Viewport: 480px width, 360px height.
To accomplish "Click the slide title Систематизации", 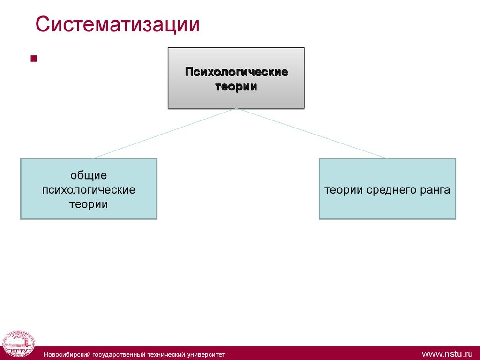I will [x=118, y=25].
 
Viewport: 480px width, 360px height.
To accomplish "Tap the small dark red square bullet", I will [x=33, y=59].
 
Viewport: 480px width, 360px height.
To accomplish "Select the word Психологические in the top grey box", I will [x=236, y=72].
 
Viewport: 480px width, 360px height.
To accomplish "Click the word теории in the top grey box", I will [x=236, y=87].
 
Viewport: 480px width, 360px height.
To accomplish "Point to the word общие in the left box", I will [x=89, y=175].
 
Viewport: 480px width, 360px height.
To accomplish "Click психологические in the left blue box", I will [x=89, y=190].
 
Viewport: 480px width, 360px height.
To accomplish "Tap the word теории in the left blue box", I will [x=89, y=204].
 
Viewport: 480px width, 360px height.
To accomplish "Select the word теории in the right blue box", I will [x=342, y=190].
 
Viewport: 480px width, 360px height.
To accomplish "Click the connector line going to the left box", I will [x=164, y=133].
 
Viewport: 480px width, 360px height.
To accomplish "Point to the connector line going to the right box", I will [x=312, y=133].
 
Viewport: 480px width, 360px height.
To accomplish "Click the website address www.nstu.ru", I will [x=447, y=353].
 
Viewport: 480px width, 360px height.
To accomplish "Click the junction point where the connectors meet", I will [x=236, y=108].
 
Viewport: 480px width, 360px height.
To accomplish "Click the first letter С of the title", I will [x=42, y=25].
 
